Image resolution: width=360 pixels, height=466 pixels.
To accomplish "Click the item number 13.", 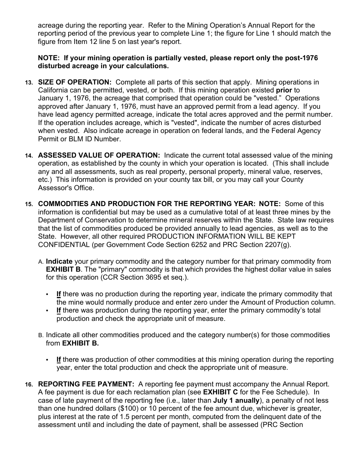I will click(29, 83).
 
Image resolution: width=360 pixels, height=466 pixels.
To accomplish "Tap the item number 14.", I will click(29, 156).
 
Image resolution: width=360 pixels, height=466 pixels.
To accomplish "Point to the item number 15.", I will click(29, 204).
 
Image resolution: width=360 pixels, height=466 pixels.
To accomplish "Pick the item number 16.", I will click(29, 385).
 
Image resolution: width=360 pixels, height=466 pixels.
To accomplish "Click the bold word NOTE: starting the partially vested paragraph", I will click(49, 58).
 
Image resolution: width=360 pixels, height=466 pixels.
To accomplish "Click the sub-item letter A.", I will click(41, 262).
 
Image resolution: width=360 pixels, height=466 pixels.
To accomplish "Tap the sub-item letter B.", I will click(41, 335).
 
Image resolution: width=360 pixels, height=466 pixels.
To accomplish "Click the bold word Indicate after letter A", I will click(59, 261).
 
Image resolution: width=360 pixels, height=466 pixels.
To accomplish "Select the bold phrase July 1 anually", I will click(236, 401).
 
